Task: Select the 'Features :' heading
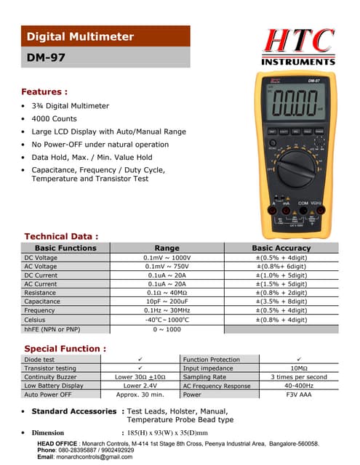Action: (45, 92)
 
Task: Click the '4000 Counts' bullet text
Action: (54, 118)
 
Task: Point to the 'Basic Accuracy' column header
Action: (281, 248)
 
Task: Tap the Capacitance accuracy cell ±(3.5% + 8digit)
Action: (281, 301)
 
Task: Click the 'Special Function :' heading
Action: (65, 349)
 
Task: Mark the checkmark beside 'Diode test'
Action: (140, 360)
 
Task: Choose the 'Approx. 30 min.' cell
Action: (140, 395)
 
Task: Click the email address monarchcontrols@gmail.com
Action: (95, 456)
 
